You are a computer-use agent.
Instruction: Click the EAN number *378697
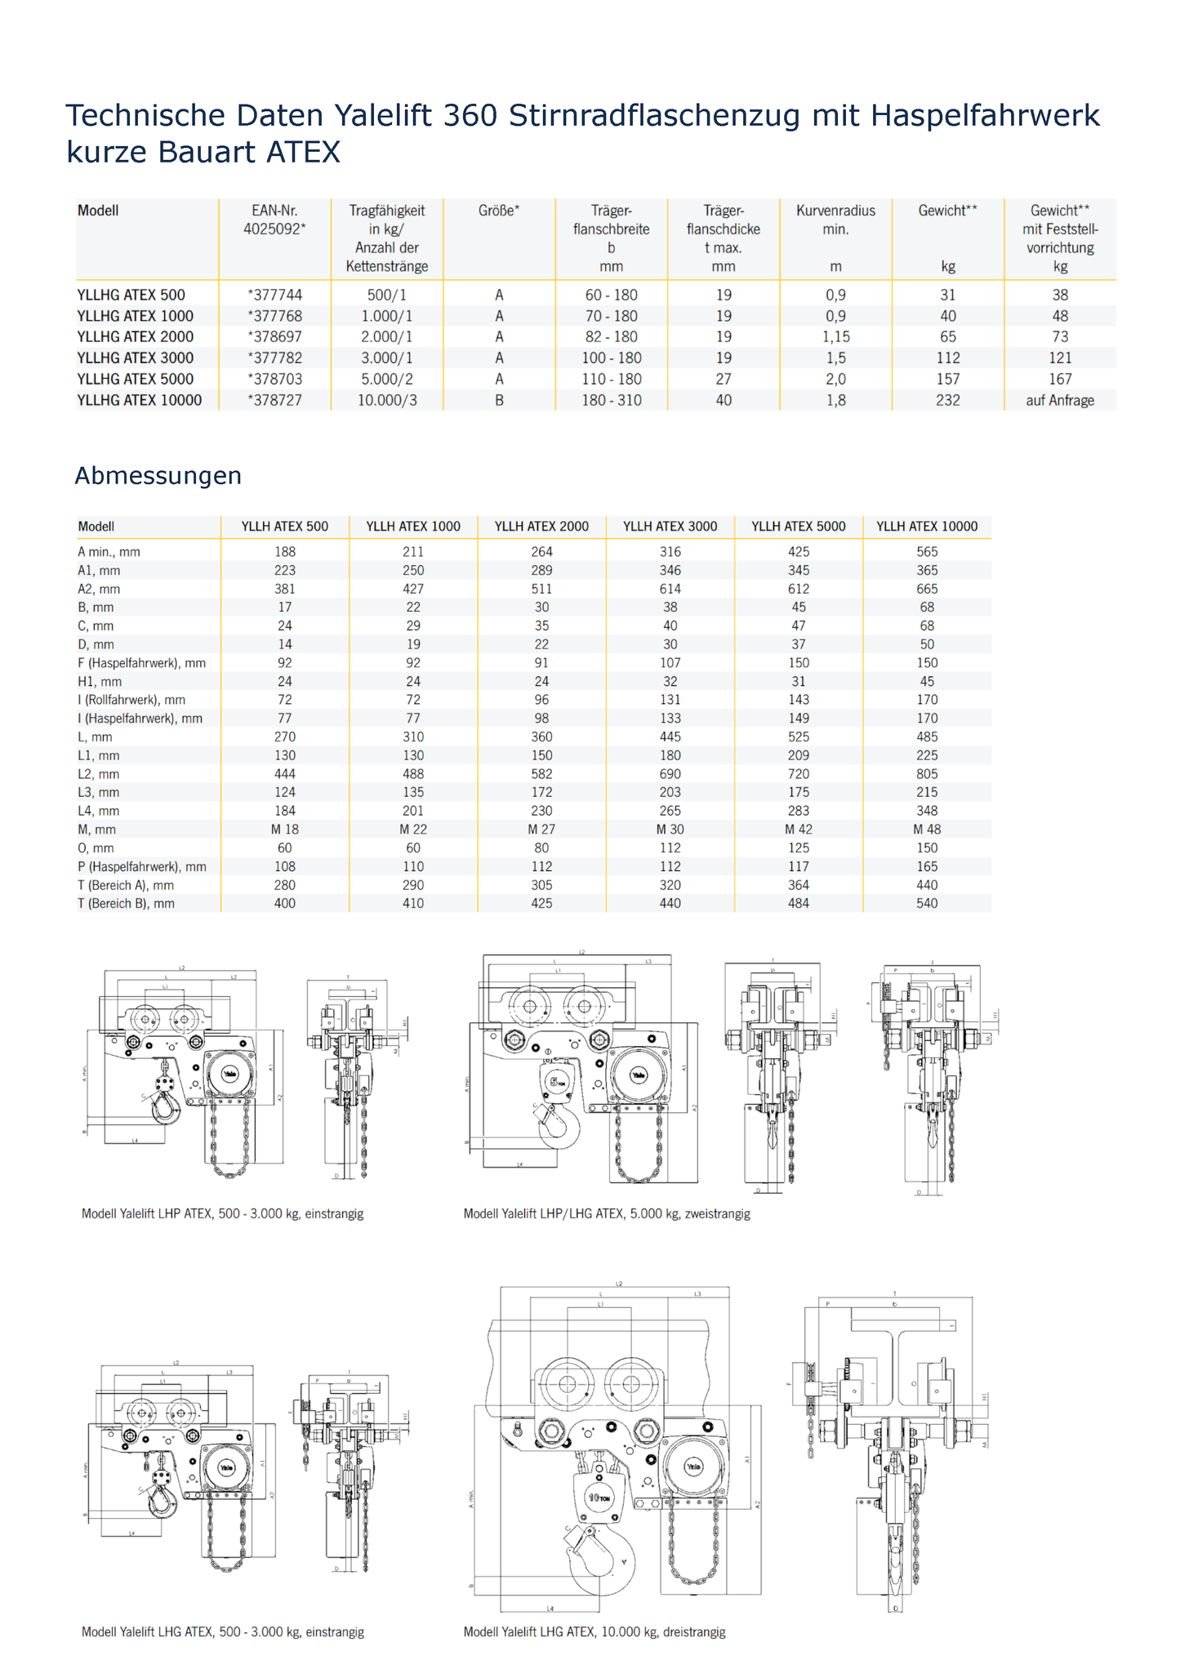pyautogui.click(x=274, y=336)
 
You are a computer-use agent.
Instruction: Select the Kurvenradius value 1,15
pyautogui.click(x=835, y=336)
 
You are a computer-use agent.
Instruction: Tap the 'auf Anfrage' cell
pyautogui.click(x=1059, y=400)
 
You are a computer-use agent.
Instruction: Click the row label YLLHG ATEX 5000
pyautogui.click(x=136, y=379)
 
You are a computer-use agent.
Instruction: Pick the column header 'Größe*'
pyautogui.click(x=499, y=211)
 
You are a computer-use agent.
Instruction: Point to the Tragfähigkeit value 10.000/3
pyautogui.click(x=387, y=400)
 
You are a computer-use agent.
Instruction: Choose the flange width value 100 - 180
pyautogui.click(x=611, y=358)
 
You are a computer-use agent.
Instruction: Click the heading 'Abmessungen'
pyautogui.click(x=158, y=475)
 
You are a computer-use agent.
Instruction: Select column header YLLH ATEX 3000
pyautogui.click(x=670, y=527)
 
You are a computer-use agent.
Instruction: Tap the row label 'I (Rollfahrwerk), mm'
pyautogui.click(x=131, y=700)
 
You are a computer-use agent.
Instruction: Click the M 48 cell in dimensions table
pyautogui.click(x=927, y=830)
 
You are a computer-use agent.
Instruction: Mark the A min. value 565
pyautogui.click(x=927, y=552)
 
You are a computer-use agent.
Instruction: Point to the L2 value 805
pyautogui.click(x=927, y=774)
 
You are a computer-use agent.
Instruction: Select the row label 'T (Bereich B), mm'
pyautogui.click(x=126, y=904)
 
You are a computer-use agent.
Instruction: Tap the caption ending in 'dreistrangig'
pyautogui.click(x=594, y=1631)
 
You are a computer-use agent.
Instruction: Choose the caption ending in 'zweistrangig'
pyautogui.click(x=606, y=1213)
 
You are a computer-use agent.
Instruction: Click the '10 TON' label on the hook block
pyautogui.click(x=599, y=1498)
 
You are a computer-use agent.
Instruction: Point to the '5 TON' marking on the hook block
pyautogui.click(x=557, y=1083)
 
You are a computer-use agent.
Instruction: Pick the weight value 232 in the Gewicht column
pyautogui.click(x=947, y=400)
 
